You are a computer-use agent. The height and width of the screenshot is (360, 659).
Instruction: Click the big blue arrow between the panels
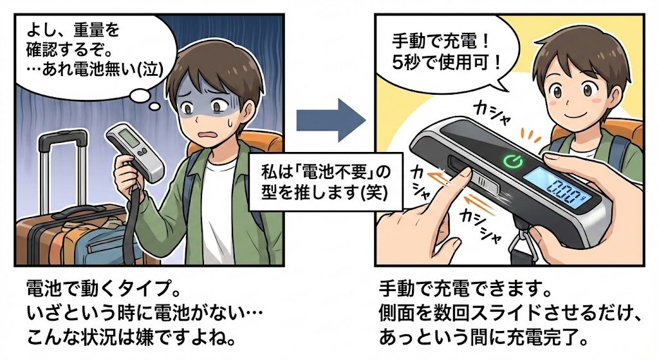pos(330,120)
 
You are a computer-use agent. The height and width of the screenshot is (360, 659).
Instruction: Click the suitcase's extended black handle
pos(63,168)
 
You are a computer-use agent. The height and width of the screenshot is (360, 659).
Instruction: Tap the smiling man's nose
pos(567,101)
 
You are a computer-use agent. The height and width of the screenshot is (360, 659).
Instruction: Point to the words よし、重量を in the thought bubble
pos(72,30)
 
